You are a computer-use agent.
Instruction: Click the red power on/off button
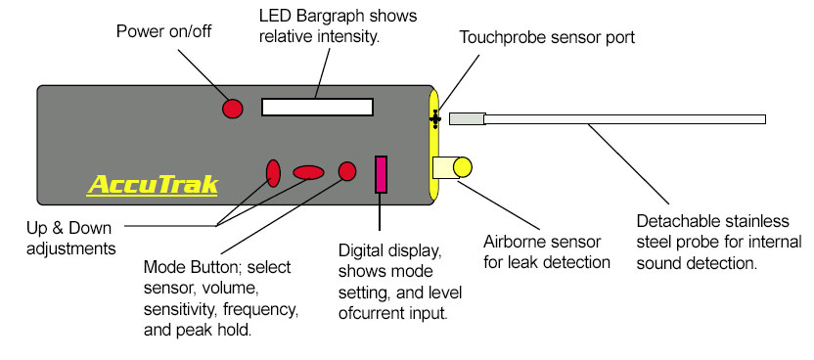pos(233,109)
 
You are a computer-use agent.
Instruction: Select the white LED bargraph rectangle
pos(317,107)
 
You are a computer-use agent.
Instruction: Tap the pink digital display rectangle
pos(381,174)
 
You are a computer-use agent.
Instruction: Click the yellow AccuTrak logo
pos(153,185)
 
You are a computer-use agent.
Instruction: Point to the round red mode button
pos(347,171)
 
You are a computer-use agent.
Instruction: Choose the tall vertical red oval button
pos(273,173)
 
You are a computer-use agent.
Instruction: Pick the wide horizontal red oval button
pos(308,173)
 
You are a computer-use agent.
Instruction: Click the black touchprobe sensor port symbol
pos(435,119)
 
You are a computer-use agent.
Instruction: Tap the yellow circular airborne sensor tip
pos(463,167)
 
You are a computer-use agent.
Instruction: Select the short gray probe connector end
pos(467,118)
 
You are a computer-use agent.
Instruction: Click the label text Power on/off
pos(164,31)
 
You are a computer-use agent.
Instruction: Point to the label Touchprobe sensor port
pos(547,37)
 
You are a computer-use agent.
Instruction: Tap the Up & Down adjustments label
pos(70,239)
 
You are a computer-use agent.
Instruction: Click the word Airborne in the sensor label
pos(513,242)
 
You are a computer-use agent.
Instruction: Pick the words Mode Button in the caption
pos(191,267)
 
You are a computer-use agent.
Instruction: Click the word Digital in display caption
pos(359,251)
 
